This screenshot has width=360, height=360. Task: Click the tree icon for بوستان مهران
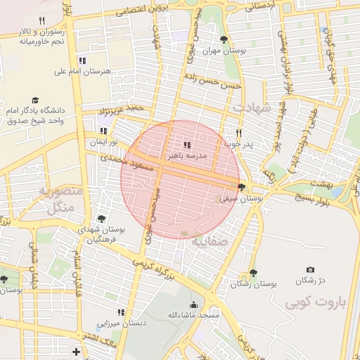[224, 39]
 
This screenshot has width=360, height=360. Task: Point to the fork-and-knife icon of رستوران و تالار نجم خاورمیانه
[42, 20]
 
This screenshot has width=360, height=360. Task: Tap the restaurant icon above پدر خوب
[238, 133]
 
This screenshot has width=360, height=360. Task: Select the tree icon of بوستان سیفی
[242, 187]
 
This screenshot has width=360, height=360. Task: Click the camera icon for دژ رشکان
[310, 270]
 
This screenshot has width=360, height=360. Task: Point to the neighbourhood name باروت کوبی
[317, 302]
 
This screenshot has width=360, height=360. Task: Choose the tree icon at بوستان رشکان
[253, 273]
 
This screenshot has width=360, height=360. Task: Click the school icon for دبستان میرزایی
[120, 311]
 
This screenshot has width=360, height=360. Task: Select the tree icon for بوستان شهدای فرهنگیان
[103, 219]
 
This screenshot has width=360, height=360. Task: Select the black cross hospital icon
[75, 351]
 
